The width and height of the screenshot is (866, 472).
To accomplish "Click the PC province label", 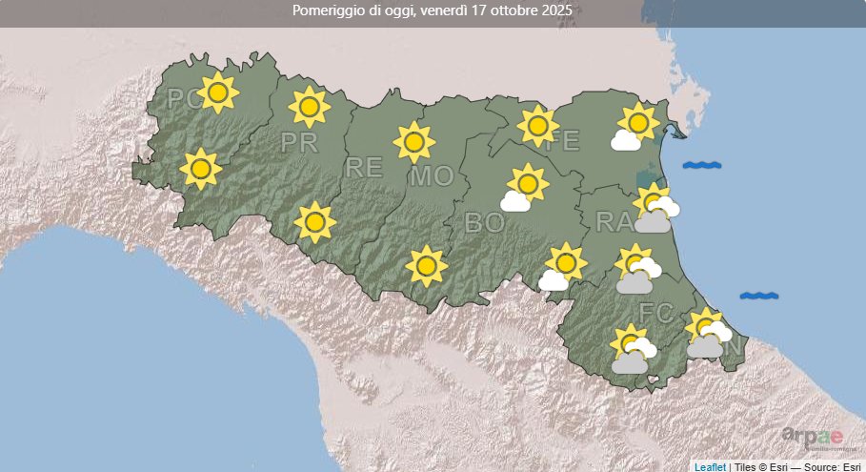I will (x=181, y=99).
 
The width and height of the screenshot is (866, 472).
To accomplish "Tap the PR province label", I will (x=299, y=143).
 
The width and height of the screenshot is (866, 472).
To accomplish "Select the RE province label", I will (x=363, y=169).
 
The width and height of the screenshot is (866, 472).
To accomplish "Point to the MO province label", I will (x=431, y=176).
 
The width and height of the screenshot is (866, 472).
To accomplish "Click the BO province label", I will (x=482, y=223).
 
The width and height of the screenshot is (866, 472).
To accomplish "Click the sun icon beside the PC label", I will (x=219, y=92).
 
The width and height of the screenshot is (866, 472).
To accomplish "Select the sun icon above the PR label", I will (x=308, y=106).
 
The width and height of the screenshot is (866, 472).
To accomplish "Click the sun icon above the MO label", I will (x=413, y=142).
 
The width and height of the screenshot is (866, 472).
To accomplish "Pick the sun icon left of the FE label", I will (x=538, y=125).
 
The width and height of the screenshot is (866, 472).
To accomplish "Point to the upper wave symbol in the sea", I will (x=702, y=165).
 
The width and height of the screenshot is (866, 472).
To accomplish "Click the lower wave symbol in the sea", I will (x=758, y=296).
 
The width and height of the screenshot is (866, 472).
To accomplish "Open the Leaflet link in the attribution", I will (x=710, y=466).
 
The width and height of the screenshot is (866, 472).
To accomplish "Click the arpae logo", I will (x=812, y=438).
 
